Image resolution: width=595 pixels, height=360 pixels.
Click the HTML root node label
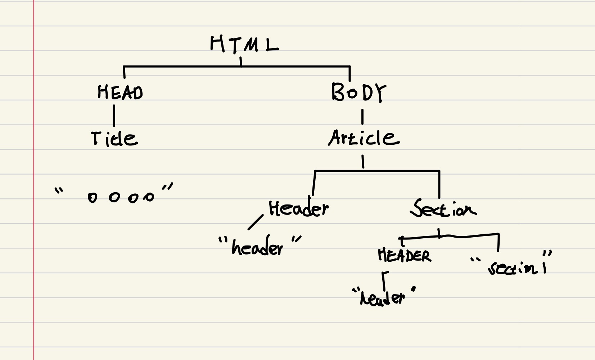[244, 44]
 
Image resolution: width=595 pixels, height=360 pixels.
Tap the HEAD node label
[120, 92]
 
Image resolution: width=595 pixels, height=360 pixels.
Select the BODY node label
[358, 92]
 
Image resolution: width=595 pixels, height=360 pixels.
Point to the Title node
[114, 139]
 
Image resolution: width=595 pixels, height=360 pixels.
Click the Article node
[364, 138]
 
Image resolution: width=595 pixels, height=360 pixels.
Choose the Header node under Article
[298, 209]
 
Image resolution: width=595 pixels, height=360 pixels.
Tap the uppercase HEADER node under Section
[404, 256]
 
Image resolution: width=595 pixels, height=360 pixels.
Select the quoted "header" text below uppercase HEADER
[383, 297]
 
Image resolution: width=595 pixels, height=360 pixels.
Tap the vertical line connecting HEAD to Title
[114, 115]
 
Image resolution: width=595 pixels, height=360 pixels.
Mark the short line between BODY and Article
[362, 117]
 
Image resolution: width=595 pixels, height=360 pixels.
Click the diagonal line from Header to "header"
[256, 222]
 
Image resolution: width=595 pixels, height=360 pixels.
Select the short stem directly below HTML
[241, 61]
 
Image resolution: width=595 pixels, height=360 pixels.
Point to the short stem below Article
[363, 162]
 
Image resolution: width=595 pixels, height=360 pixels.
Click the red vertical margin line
[34, 180]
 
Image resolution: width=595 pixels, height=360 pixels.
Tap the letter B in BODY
[338, 92]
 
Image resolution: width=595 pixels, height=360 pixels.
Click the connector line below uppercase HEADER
[384, 280]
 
